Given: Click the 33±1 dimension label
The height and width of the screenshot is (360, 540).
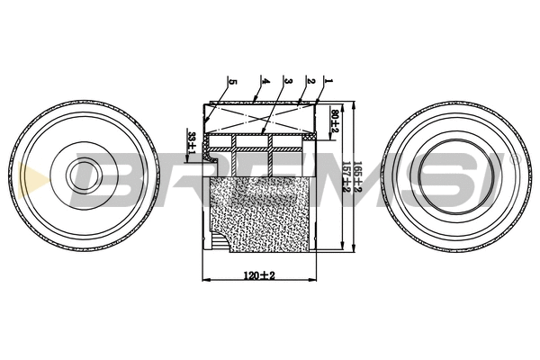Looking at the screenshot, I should (x=192, y=142).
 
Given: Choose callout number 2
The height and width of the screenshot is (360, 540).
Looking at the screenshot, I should (x=310, y=81).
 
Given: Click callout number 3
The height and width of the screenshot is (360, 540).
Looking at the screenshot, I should (x=285, y=81).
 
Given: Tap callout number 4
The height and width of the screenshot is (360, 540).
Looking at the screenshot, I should (x=265, y=81).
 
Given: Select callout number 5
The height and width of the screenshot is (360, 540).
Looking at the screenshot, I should (x=232, y=81).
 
